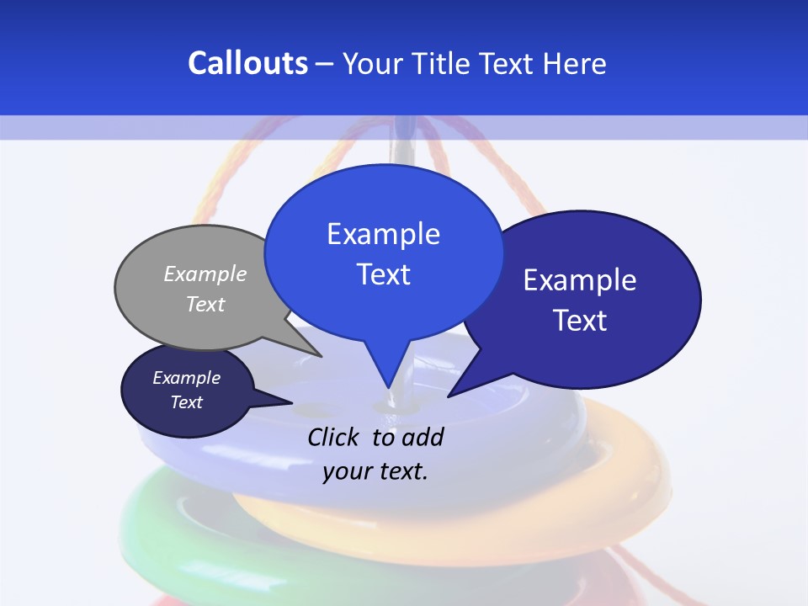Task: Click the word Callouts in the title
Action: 247,64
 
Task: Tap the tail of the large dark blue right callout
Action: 459,387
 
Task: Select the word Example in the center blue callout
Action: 383,234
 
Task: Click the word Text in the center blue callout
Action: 383,274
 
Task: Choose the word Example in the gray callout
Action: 205,274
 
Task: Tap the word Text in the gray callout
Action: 205,304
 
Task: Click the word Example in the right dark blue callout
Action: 580,280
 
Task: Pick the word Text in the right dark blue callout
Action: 580,321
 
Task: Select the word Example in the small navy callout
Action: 186,378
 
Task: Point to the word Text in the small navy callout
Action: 186,402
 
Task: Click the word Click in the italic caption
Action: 334,437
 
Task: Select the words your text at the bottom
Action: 375,471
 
